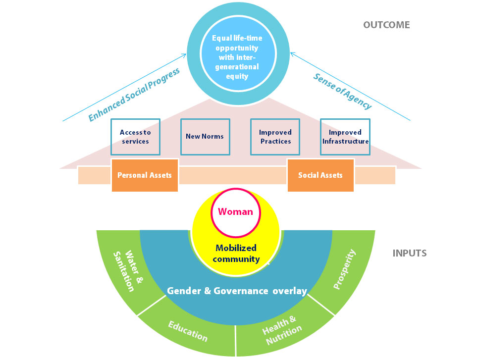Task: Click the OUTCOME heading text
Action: point(386,25)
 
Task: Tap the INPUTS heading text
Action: point(410,253)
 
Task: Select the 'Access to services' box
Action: point(135,137)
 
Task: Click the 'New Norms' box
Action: point(205,136)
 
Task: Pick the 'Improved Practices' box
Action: point(275,137)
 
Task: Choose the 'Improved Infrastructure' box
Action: point(345,137)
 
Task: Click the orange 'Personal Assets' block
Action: point(145,175)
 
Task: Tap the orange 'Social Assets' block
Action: point(320,175)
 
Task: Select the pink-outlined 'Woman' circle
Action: point(236,212)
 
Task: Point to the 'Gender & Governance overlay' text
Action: point(237,291)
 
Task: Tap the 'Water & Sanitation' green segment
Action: point(124,270)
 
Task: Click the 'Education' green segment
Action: point(187,331)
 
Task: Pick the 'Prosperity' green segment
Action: point(345,270)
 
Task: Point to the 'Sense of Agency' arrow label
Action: point(342,91)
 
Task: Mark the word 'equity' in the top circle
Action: point(236,76)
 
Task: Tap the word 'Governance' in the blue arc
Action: point(241,291)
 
